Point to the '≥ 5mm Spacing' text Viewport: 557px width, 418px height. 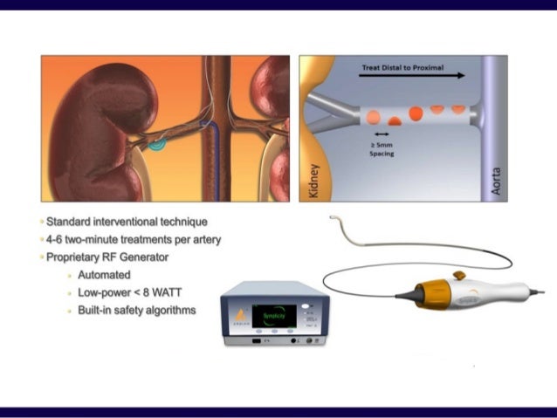[382, 148]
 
